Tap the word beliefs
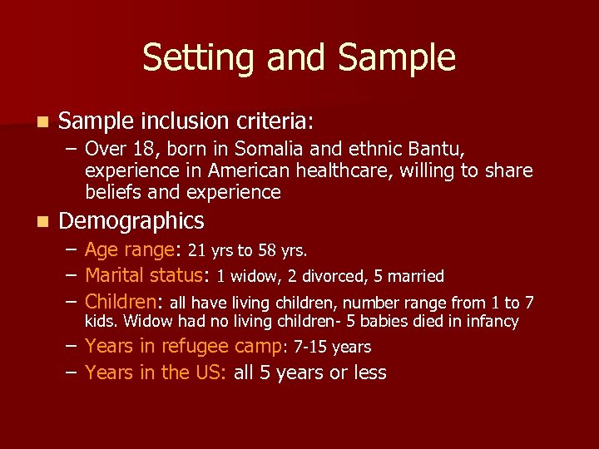point(111,192)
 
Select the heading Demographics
point(131,221)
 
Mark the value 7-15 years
point(333,347)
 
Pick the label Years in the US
point(155,373)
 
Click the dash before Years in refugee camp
point(72,346)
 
